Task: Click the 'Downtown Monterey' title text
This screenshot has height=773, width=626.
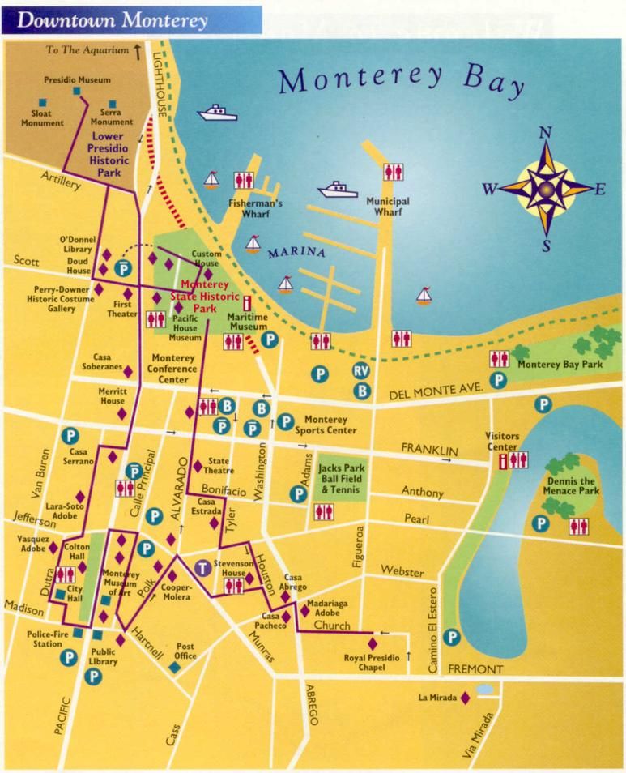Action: click(x=112, y=20)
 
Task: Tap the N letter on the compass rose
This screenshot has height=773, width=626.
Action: click(x=546, y=134)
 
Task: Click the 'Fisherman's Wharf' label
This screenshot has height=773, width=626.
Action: click(x=254, y=208)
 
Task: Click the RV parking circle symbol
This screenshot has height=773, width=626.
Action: click(x=362, y=372)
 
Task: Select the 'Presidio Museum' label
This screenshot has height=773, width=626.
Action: click(x=78, y=80)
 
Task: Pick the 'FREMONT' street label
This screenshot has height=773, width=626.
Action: click(x=475, y=670)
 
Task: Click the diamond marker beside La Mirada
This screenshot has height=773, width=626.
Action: click(x=466, y=698)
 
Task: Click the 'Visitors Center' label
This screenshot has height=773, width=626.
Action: click(x=501, y=441)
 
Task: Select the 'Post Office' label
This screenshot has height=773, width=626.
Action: click(x=185, y=651)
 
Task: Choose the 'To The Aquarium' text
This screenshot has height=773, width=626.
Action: click(x=87, y=50)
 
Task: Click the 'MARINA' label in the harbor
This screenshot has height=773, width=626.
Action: click(x=296, y=254)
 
